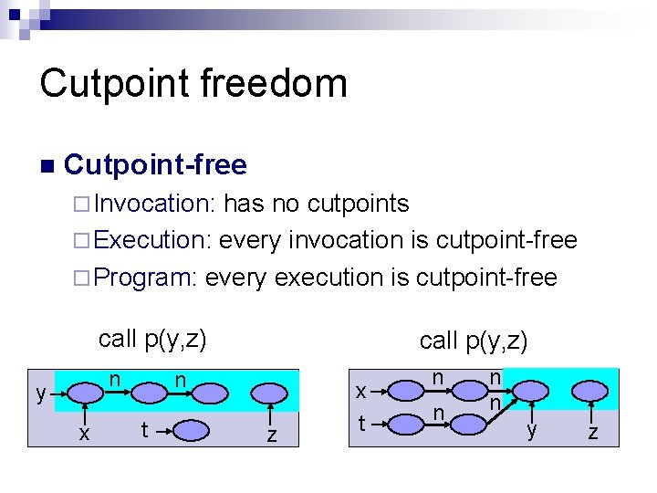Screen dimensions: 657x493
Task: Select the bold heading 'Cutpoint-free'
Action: point(156,165)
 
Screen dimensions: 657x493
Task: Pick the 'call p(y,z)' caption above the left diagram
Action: point(152,339)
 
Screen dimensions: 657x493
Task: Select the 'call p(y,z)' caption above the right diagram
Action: point(474,341)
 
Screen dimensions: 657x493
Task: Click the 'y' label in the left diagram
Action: point(40,394)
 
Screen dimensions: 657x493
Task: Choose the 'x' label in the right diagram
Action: point(361,392)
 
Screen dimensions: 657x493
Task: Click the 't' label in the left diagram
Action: point(143,429)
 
